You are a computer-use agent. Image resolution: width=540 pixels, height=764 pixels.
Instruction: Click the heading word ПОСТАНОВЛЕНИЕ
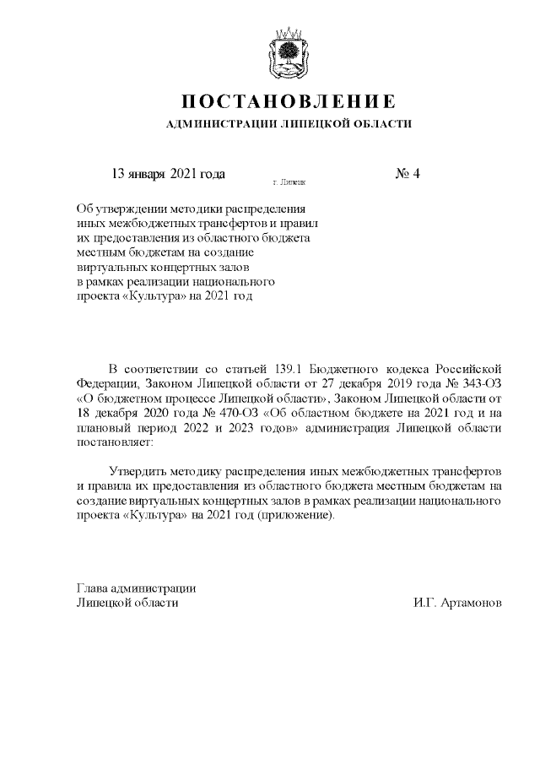pos(289,101)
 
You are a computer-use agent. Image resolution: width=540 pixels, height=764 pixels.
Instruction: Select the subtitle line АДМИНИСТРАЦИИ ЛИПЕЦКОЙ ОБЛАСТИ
pos(289,124)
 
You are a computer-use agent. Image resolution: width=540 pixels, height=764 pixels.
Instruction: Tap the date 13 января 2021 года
pos(168,174)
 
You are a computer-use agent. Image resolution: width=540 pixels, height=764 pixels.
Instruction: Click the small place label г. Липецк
pos(289,182)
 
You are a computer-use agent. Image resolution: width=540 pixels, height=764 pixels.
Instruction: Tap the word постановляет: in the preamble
pos(111,441)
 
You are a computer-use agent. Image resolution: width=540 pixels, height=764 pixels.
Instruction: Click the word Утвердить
pos(140,470)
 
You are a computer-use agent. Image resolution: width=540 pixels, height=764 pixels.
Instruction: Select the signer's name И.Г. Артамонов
pos(457,603)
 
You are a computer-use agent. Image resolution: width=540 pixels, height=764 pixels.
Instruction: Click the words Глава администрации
pos(136,588)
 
